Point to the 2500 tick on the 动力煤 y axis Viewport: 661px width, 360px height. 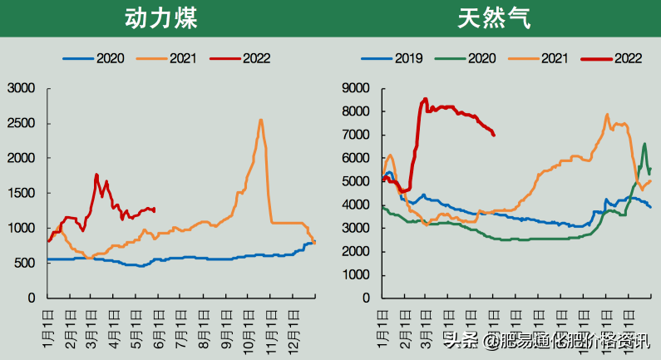point(22,123)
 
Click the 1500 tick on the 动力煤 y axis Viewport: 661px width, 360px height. point(22,193)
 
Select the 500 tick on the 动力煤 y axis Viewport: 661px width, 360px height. point(25,263)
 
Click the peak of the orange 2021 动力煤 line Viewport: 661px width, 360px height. point(261,120)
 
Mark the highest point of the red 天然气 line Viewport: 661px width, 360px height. point(425,99)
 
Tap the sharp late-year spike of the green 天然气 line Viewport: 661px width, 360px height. point(644,144)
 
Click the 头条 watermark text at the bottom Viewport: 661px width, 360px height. point(461,340)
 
